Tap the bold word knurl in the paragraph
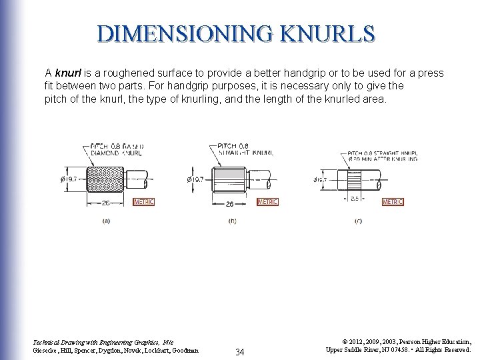[67, 72]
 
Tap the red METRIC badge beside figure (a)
[144, 201]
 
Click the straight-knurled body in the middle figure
[231, 179]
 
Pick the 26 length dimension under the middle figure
[229, 203]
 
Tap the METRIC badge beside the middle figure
[267, 201]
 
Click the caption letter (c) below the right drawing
[358, 221]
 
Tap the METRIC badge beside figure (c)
[393, 201]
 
